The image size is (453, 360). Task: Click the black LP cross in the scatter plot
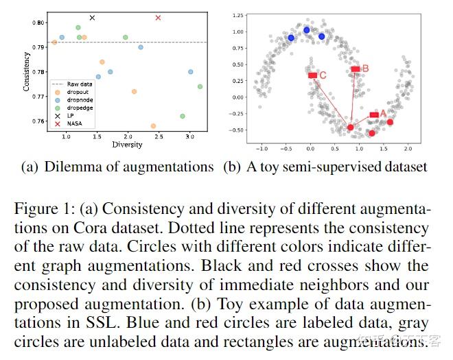[x=92, y=18]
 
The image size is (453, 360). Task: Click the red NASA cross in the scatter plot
[x=159, y=18]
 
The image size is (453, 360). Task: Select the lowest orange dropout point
[x=153, y=126]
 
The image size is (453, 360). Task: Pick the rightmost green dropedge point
[x=200, y=86]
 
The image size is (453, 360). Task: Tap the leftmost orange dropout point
[x=54, y=43]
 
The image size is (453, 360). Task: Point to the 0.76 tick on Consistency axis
[x=40, y=122]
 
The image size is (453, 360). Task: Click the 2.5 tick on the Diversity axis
[x=159, y=137]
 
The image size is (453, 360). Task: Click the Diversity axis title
[x=127, y=145]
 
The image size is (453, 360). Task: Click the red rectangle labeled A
[x=374, y=115]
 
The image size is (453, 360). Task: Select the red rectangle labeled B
[x=356, y=69]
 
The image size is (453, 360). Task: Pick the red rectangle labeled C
[x=312, y=75]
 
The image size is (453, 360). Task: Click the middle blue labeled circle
[x=307, y=30]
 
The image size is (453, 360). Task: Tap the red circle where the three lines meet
[x=351, y=128]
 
